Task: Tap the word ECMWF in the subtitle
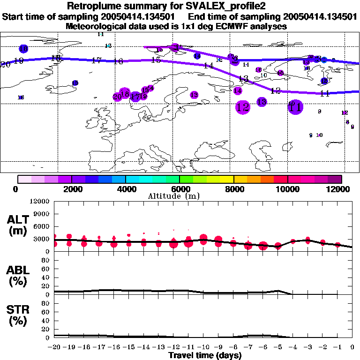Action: [214, 26]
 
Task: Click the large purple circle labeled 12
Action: [243, 107]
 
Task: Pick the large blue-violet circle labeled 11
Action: [295, 107]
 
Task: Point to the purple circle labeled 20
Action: [117, 97]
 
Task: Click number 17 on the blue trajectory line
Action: [97, 60]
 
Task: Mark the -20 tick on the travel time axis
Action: [54, 347]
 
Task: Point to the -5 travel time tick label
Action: [277, 347]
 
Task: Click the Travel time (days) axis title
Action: [205, 355]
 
